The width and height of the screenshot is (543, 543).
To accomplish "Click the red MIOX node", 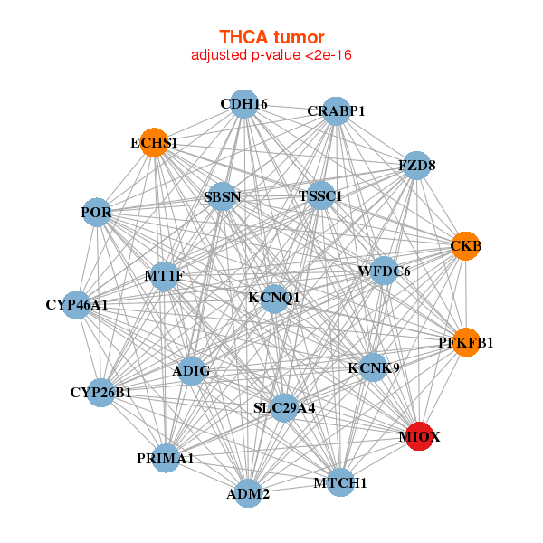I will click(x=419, y=437).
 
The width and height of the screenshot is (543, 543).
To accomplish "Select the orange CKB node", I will click(x=465, y=246).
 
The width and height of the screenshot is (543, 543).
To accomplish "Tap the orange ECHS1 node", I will click(x=155, y=143).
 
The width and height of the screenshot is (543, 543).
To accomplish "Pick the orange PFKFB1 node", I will click(x=465, y=342).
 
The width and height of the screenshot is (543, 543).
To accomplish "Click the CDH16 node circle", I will click(x=243, y=104).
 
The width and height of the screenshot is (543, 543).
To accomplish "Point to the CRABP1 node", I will click(x=336, y=111).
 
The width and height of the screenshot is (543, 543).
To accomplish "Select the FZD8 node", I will click(x=416, y=166).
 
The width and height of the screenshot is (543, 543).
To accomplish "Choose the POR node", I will click(x=97, y=214).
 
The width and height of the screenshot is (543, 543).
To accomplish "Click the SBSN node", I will click(x=223, y=196).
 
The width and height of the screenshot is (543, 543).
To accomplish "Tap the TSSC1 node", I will click(x=320, y=195).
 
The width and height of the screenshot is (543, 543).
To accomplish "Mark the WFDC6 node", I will click(x=384, y=271).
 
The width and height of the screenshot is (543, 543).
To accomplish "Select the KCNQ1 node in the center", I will click(x=275, y=297).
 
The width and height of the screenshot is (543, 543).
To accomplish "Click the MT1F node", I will click(x=164, y=275).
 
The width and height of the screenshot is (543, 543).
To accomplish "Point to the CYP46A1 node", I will click(x=78, y=304).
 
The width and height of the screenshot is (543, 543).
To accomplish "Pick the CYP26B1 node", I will click(x=101, y=393).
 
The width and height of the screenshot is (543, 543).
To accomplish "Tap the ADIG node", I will click(x=191, y=370).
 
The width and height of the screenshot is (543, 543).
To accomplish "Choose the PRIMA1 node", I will click(x=166, y=459).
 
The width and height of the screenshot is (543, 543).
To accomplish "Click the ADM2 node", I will click(x=248, y=493).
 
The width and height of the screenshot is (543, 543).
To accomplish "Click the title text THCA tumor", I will click(x=271, y=37).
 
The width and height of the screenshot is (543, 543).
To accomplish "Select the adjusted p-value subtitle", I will click(x=271, y=55).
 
